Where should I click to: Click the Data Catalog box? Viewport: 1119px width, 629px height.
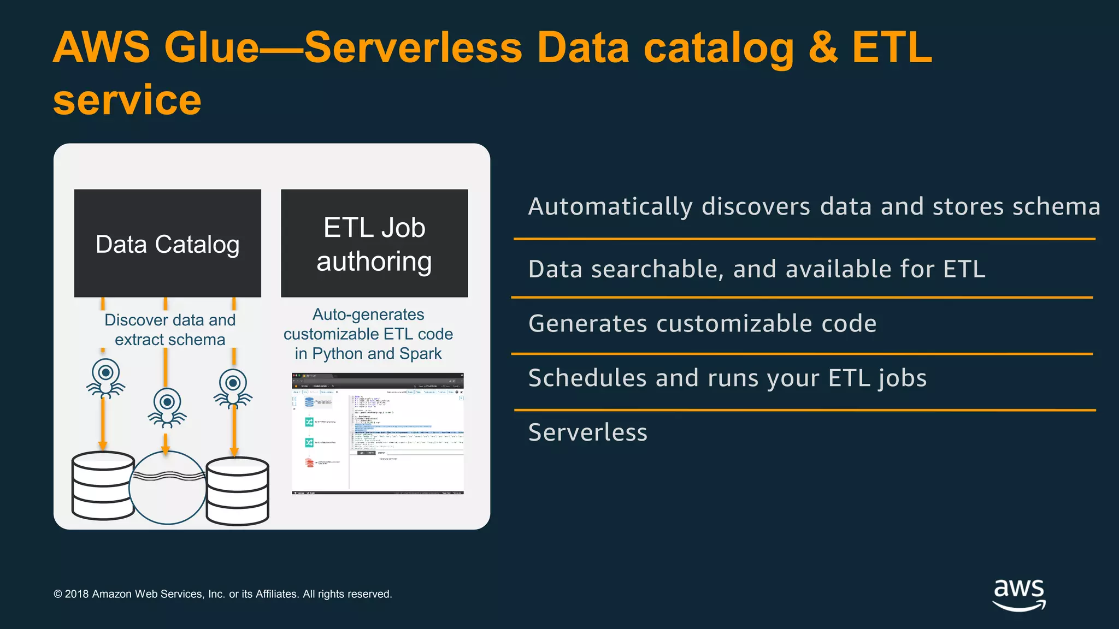coord(167,244)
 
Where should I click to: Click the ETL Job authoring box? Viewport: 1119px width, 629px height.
coord(374,244)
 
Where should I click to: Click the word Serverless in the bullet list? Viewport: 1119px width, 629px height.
coord(587,432)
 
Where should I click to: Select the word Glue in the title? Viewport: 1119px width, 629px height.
coord(211,48)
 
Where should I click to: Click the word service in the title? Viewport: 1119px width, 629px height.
coord(127,100)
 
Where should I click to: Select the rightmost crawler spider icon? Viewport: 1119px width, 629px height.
coord(233,388)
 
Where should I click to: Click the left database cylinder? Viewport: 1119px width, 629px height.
coord(103,485)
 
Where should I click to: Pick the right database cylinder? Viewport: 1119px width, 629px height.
coord(238,491)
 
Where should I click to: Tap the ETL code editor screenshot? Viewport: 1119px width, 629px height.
coord(378,434)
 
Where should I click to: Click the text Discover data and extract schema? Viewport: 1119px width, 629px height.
coord(170,330)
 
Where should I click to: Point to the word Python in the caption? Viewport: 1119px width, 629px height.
coord(338,354)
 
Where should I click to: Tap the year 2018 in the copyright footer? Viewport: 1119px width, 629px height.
coord(76,594)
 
